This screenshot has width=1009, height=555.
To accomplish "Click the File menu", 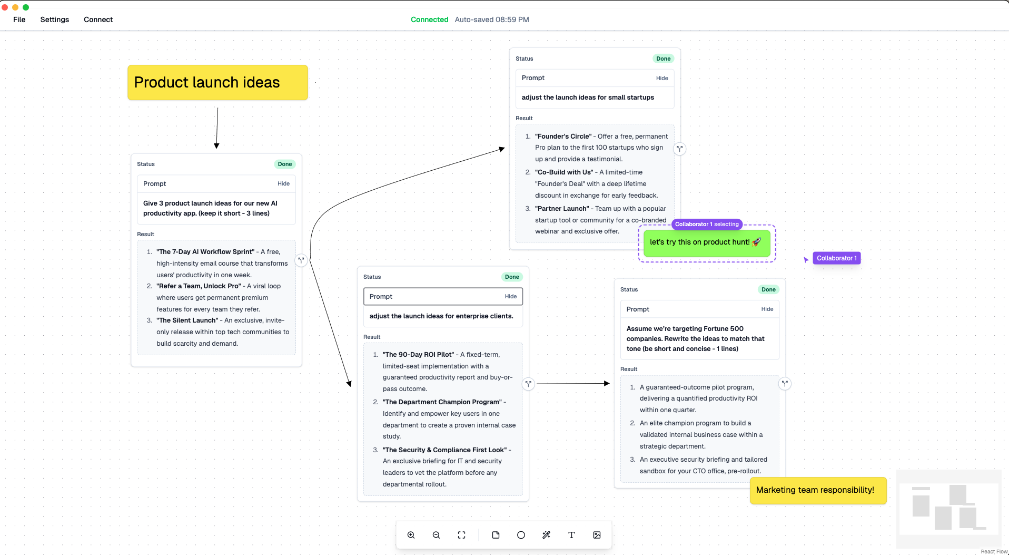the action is coord(19,20).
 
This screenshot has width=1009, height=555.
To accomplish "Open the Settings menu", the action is coord(55,20).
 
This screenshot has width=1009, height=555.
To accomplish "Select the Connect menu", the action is coord(98,20).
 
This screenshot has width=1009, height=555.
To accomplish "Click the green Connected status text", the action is coord(429,20).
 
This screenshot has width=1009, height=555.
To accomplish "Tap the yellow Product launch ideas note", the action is coord(217,82).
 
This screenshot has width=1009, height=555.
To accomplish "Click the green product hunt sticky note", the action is coord(707,243).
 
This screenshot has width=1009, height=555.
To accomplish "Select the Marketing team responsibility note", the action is coord(818,490).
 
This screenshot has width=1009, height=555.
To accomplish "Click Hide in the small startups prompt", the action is coord(662,78).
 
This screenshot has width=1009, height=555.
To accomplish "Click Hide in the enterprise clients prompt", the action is coord(511,296).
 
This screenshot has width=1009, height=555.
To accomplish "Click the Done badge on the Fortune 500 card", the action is coord(768,289).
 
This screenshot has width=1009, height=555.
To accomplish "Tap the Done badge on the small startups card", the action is coord(664,59).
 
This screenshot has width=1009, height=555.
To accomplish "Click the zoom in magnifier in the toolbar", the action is coord(411,535).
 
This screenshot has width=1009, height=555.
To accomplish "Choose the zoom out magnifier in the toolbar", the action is coord(437,535).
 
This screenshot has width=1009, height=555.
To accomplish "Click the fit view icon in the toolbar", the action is coord(462,535).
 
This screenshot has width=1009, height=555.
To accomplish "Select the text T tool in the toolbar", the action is coord(571,535).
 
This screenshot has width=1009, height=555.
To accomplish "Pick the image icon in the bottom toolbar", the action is coord(597,535).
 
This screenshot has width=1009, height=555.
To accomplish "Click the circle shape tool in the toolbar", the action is coord(521,535).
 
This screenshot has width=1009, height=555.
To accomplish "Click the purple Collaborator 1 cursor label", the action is coord(837,258).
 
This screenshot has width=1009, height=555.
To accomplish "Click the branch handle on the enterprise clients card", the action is coord(528,384).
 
